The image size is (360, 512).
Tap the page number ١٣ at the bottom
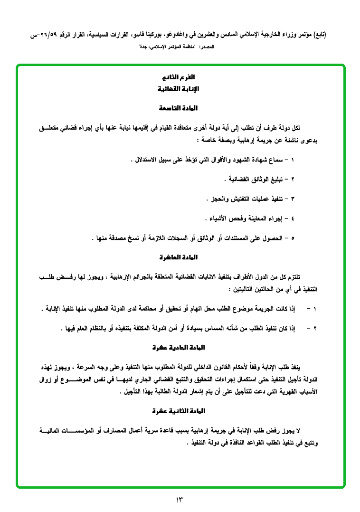tap(180, 500)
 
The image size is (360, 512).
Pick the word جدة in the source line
tap(141, 47)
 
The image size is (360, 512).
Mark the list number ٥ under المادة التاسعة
tap(292, 237)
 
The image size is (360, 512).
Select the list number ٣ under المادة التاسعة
tap(292, 197)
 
